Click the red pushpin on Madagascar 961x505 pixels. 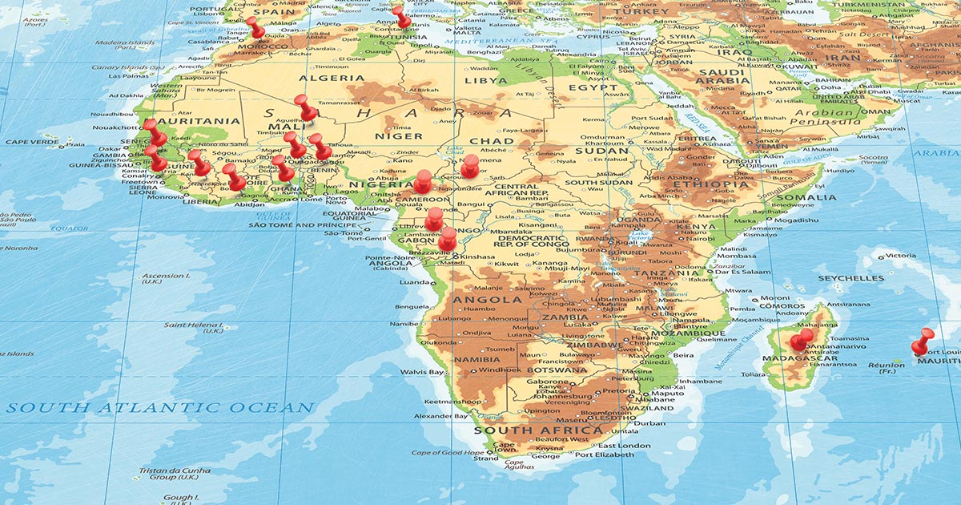[800, 340]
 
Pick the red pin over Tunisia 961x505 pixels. [401, 15]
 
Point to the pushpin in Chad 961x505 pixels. [470, 166]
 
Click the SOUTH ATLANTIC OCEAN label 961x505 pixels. [160, 408]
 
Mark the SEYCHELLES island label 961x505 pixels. [851, 278]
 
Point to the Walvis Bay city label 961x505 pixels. [422, 373]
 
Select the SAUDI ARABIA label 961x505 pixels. [723, 77]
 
